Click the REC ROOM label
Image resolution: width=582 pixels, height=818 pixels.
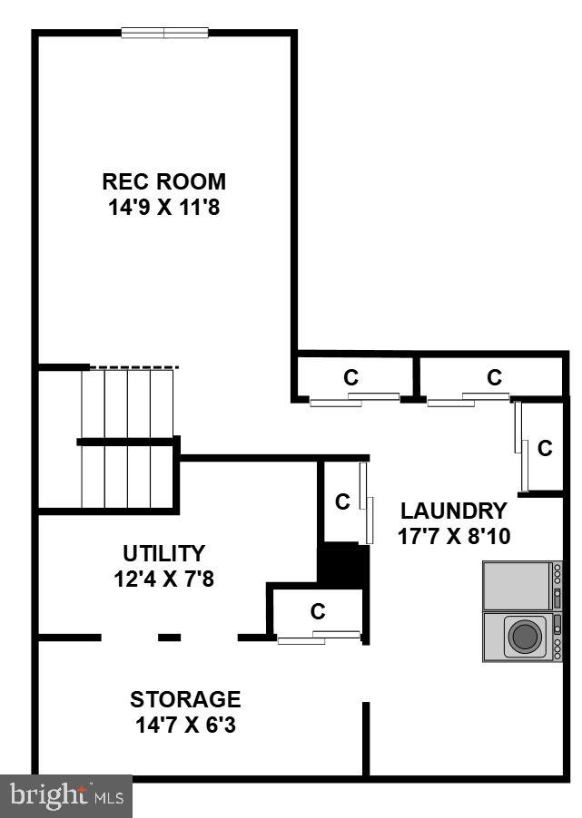tap(163, 181)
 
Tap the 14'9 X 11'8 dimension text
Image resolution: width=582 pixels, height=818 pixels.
tap(163, 207)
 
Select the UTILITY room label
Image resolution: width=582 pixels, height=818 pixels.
tap(163, 552)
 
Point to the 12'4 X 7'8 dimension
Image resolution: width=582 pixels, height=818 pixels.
tap(163, 578)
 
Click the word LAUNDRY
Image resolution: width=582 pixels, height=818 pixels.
tap(453, 510)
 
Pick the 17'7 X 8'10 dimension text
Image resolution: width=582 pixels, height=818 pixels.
tap(453, 536)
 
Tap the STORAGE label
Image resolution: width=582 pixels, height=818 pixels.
tap(185, 699)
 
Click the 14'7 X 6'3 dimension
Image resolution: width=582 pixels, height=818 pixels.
tap(185, 725)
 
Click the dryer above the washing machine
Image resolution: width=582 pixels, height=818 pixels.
tap(518, 586)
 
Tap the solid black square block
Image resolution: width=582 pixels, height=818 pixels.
tap(342, 565)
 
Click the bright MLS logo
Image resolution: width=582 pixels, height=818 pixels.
tap(65, 795)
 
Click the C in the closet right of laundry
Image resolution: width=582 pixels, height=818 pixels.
tap(545, 447)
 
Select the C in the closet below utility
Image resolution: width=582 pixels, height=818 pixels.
tap(318, 611)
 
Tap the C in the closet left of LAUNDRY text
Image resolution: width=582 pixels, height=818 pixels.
tap(342, 502)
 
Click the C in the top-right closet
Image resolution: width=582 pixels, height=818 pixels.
tap(494, 377)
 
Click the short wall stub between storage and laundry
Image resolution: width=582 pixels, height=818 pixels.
tap(366, 737)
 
